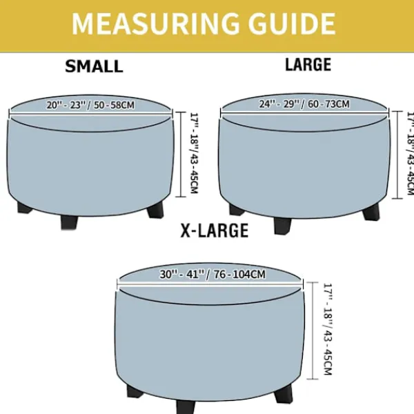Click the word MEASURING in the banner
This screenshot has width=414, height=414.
155,23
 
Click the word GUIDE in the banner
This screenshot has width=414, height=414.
292,23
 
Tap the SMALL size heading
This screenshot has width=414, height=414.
94,66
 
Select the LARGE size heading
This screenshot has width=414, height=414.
308,65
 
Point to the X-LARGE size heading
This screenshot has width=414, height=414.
215,230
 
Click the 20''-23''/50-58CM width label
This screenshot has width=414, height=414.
90,105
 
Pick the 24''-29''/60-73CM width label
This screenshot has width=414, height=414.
304,104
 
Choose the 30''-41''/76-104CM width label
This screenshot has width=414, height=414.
213,275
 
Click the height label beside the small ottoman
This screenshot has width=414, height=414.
195,153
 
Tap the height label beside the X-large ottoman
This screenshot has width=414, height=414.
328,329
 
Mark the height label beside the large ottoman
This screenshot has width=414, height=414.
410,153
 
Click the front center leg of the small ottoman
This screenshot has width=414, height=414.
70,221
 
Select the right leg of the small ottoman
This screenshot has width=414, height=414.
155,210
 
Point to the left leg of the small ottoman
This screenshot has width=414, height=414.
25,208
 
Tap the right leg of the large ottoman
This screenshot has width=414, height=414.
371,212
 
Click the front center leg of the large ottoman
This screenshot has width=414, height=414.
282,226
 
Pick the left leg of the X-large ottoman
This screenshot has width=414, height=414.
135,391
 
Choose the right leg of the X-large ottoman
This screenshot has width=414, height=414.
284,394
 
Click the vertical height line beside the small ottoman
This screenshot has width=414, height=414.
181,155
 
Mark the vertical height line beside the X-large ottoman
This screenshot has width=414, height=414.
313,331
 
